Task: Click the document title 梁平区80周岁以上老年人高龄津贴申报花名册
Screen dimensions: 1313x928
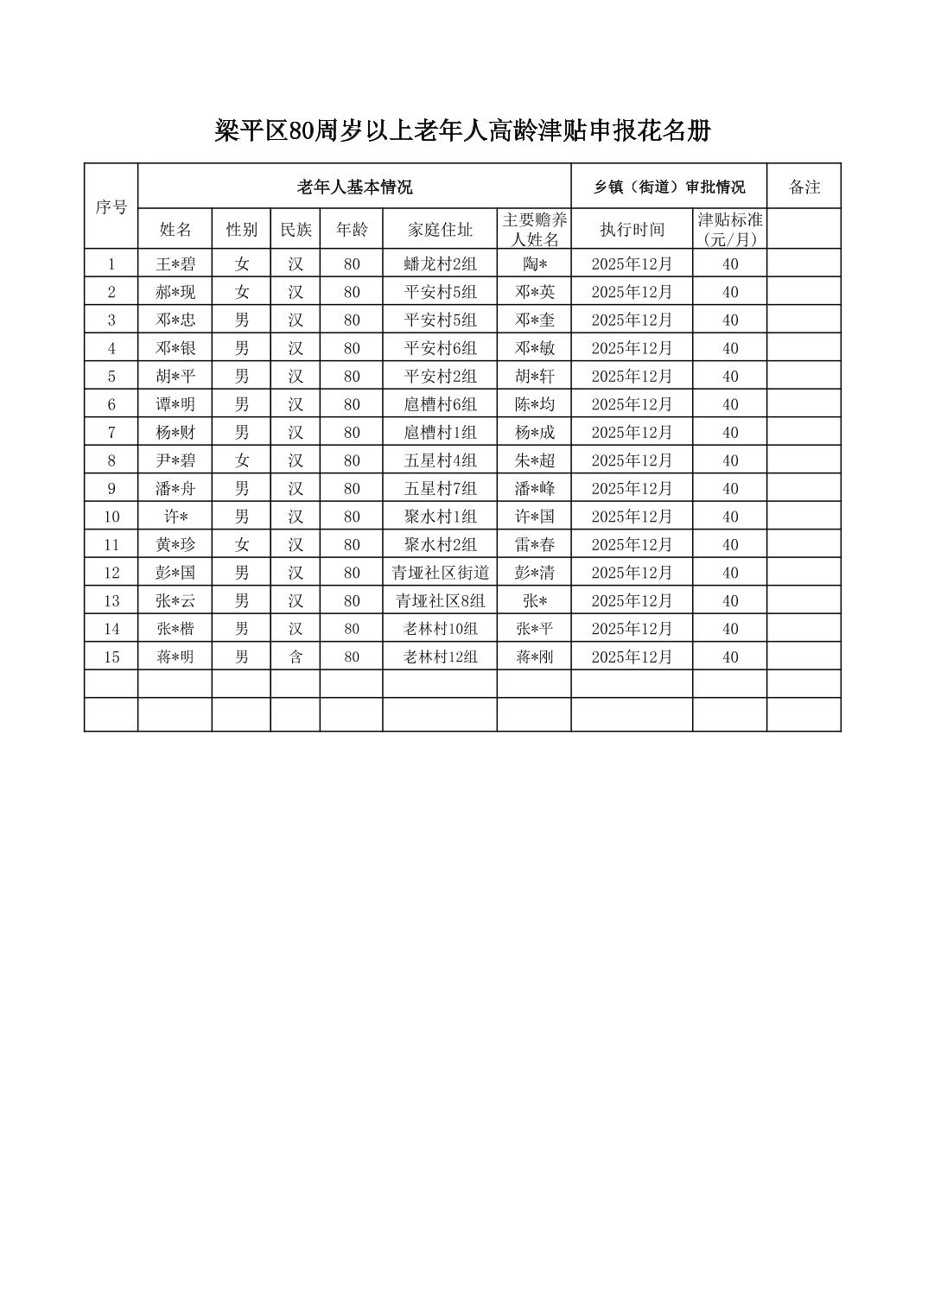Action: coord(462,131)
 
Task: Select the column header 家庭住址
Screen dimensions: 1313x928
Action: coord(440,230)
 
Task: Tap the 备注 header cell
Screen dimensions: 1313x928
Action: coord(804,187)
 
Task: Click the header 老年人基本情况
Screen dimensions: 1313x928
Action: coord(354,187)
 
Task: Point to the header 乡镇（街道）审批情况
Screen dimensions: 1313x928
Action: coord(669,187)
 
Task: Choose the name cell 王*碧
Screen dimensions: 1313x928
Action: coord(175,264)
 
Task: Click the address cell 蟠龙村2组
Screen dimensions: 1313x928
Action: coord(440,264)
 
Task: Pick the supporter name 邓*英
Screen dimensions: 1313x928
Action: coord(534,292)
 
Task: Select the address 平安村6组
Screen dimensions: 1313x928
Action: coord(440,348)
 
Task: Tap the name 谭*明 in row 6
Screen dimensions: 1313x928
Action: coord(175,404)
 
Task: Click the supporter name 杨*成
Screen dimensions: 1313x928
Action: coord(534,432)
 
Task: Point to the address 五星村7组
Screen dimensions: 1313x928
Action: coord(440,488)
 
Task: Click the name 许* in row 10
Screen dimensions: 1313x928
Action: coord(175,517)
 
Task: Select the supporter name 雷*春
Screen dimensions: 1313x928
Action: coord(534,544)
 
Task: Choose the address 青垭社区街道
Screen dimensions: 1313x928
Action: coord(440,573)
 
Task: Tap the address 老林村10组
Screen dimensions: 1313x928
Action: coord(440,629)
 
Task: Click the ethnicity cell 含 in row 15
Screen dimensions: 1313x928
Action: coord(296,656)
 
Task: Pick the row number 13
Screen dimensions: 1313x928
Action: coord(111,600)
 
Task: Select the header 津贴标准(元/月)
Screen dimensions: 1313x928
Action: coord(729,230)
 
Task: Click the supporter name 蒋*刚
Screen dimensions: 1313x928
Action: coord(534,656)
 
